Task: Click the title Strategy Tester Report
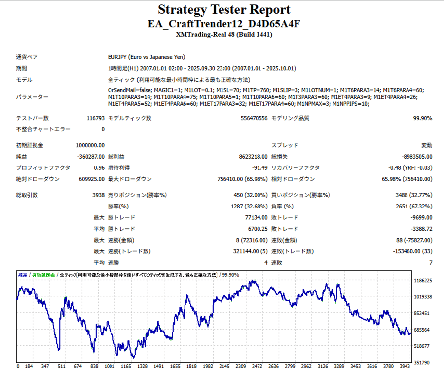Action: (x=224, y=10)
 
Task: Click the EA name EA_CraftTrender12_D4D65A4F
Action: (x=224, y=23)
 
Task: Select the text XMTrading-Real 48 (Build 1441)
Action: (x=224, y=35)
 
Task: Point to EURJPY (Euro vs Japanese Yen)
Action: (x=146, y=57)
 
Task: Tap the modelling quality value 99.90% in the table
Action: (x=423, y=118)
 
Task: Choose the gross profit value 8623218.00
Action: (x=251, y=157)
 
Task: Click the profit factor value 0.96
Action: (x=99, y=168)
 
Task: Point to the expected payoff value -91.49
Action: (x=259, y=168)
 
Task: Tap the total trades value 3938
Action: (x=98, y=195)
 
